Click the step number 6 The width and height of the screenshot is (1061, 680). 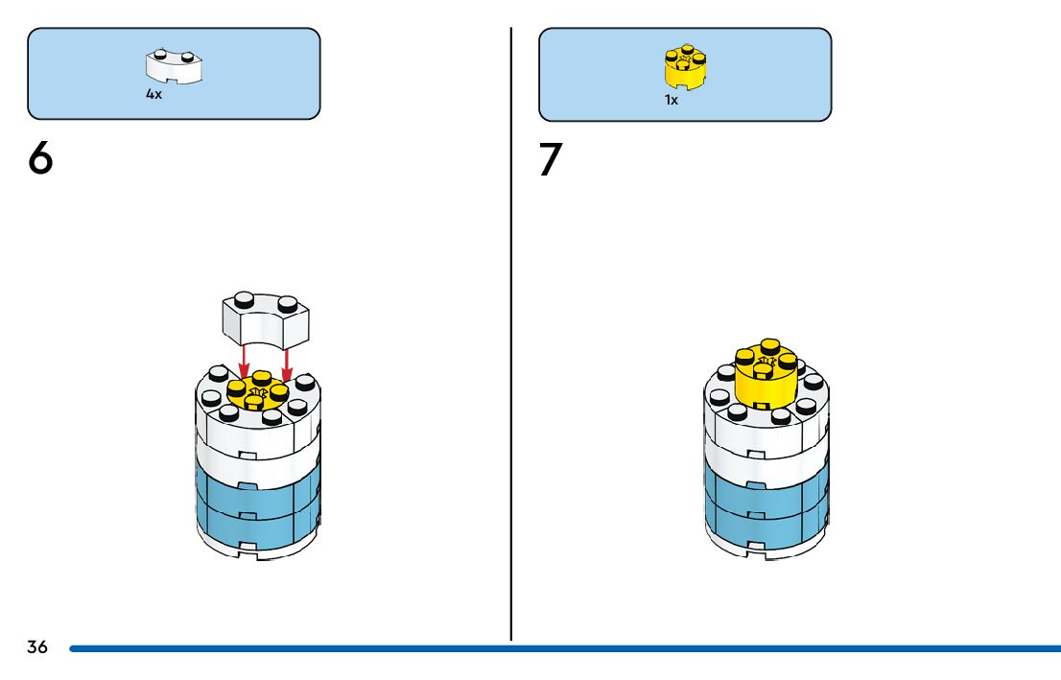point(40,159)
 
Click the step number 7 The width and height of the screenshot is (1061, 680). point(549,160)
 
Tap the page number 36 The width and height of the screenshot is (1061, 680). point(37,647)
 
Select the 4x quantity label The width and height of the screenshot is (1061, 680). point(153,95)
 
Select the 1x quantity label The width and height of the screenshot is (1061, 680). point(672,100)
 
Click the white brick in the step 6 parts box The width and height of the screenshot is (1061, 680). point(175,65)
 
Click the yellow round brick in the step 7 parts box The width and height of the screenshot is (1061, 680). point(685,65)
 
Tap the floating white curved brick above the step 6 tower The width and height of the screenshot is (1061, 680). point(266,318)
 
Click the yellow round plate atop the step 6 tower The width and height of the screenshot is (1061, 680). point(257,392)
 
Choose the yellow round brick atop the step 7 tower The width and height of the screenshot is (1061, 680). point(766,377)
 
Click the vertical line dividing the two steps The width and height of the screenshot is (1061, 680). point(510,336)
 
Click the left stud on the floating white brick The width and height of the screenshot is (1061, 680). point(245,298)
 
